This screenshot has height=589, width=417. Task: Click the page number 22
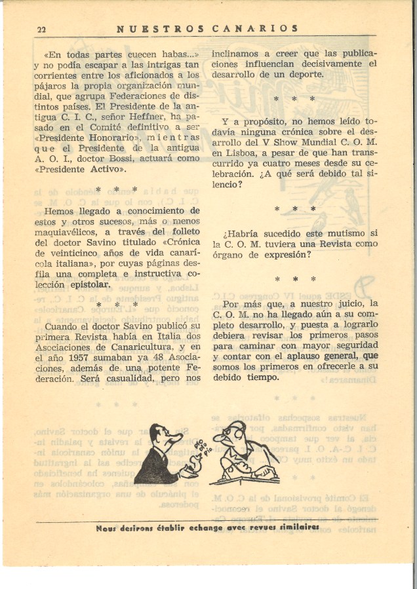(x=41, y=29)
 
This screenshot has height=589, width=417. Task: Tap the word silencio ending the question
(x=227, y=185)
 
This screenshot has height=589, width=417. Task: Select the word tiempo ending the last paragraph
(x=262, y=377)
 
